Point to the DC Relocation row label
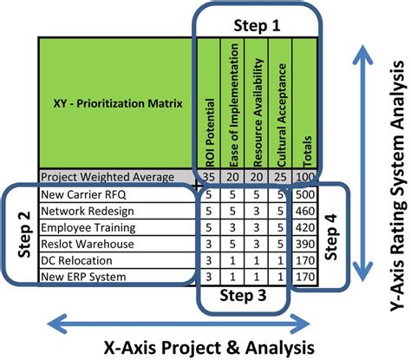[x=83, y=259]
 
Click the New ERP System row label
[x=88, y=276]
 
